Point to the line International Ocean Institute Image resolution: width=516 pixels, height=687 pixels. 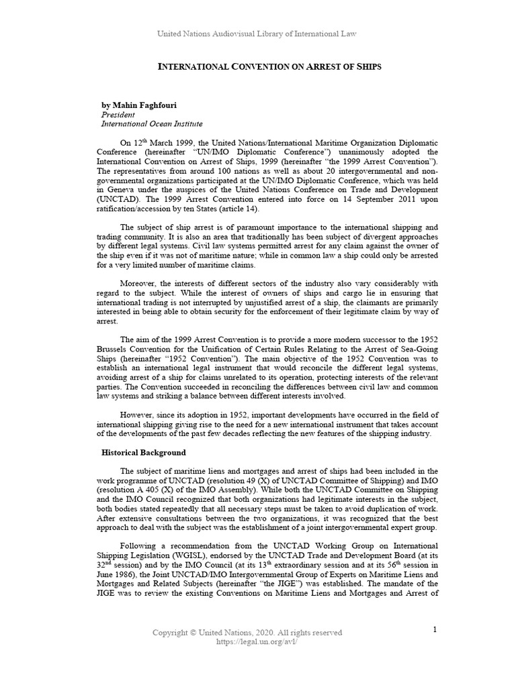point(151,124)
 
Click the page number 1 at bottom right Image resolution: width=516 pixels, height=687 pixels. point(435,629)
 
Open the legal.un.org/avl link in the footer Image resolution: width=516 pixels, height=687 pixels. point(247,641)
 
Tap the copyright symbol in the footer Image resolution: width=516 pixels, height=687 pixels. point(195,633)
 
